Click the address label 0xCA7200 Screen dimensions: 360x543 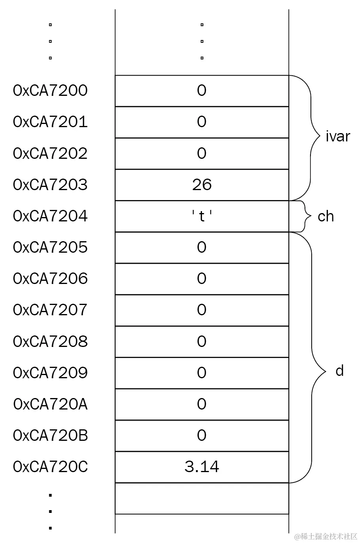click(x=50, y=91)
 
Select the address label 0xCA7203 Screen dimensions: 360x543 click(x=50, y=185)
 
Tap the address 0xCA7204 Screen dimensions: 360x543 click(x=50, y=216)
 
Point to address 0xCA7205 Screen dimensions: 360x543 click(x=50, y=247)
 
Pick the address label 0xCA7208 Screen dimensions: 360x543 click(x=50, y=341)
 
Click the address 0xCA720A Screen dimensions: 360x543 click(x=50, y=404)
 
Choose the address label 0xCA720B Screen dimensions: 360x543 click(x=50, y=435)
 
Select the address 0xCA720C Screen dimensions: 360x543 click(x=50, y=467)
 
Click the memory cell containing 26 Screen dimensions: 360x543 click(x=202, y=185)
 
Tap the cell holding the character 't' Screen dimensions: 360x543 click(x=202, y=216)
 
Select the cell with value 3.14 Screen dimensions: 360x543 click(x=202, y=467)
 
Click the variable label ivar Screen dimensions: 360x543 click(x=337, y=136)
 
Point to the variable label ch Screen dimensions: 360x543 click(x=326, y=216)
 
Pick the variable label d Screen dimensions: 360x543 click(x=339, y=371)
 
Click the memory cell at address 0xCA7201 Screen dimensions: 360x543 click(x=202, y=122)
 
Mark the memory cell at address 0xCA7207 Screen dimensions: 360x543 click(x=202, y=310)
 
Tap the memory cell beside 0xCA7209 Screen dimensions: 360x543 click(x=202, y=373)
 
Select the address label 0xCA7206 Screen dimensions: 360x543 click(x=50, y=278)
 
